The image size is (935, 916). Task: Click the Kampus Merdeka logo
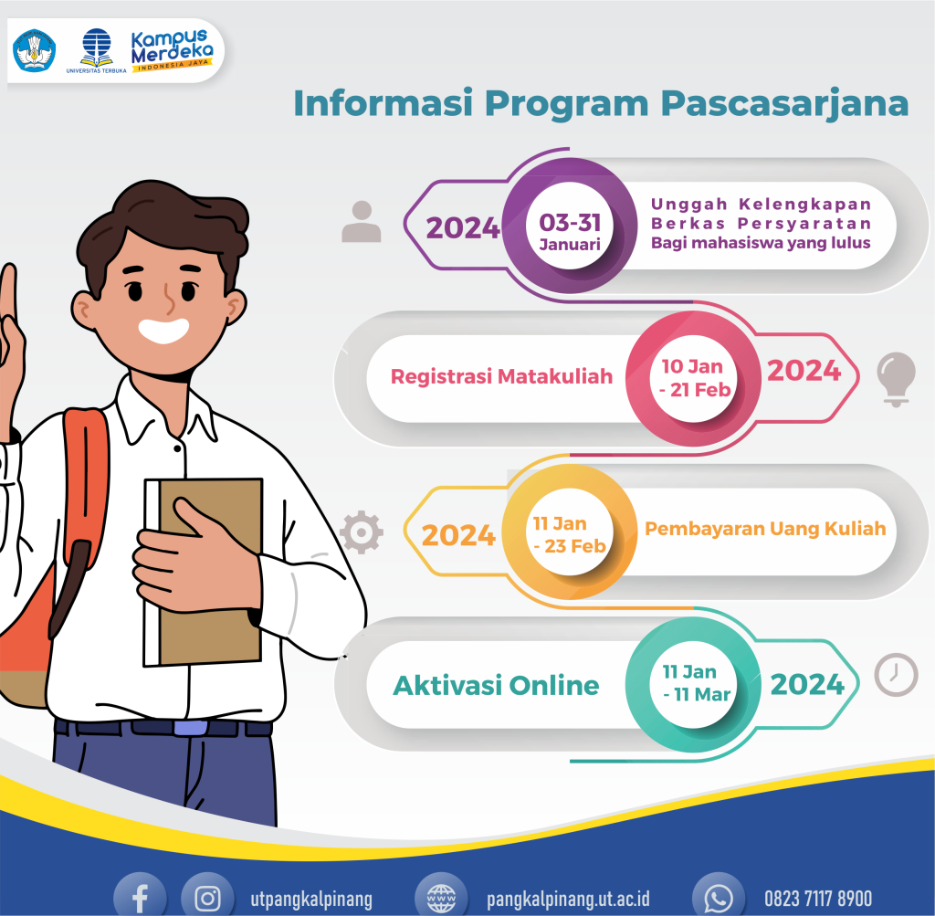pos(171,50)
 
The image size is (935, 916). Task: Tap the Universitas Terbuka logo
pos(96,50)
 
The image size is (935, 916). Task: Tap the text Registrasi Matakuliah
pos(501,375)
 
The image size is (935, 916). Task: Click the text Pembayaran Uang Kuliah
pos(765,529)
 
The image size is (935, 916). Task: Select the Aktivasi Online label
pos(496,685)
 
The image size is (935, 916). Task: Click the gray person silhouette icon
pos(361,222)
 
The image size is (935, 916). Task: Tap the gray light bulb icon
pos(896,376)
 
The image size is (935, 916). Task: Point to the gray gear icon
pos(361,531)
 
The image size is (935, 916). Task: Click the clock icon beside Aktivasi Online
pos(896,673)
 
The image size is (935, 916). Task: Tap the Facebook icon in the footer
pos(140,896)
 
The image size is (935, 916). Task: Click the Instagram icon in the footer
pos(208,896)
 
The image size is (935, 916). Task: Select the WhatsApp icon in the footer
pos(719,896)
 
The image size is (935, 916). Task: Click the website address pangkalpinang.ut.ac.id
pos(567,898)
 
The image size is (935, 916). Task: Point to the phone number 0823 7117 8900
pos(817,898)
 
